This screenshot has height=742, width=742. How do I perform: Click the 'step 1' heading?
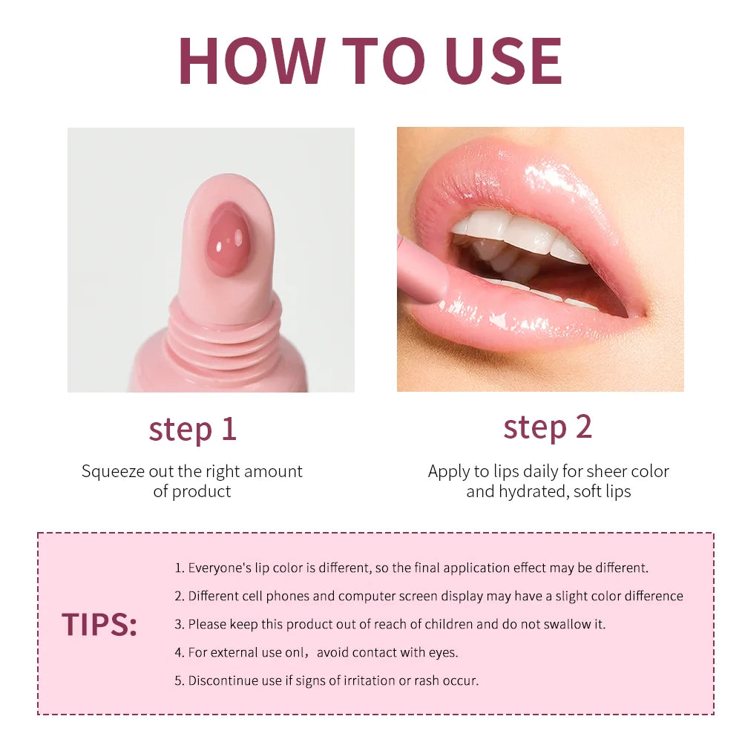tap(192, 429)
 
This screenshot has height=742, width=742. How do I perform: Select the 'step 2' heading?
tap(548, 427)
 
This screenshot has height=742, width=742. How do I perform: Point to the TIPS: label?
tap(99, 625)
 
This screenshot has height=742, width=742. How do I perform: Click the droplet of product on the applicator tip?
tap(227, 240)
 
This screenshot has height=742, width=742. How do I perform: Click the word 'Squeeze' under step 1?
tap(111, 472)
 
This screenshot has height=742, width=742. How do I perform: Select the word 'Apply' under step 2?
tap(448, 472)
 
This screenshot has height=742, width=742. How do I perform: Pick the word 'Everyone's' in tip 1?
tap(221, 568)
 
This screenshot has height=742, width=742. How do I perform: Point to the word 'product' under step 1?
tap(202, 491)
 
